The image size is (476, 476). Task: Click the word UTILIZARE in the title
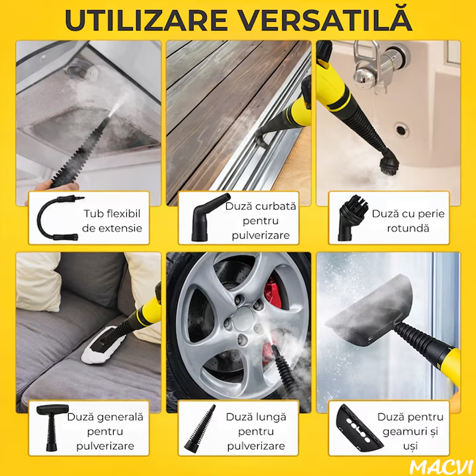click(146, 21)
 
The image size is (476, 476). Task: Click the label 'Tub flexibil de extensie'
click(112, 221)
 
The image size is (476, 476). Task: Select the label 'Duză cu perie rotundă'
click(408, 221)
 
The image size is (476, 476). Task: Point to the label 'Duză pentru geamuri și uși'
click(410, 431)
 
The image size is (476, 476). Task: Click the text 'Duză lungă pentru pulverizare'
click(256, 431)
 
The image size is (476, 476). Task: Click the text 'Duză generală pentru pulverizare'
click(105, 431)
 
